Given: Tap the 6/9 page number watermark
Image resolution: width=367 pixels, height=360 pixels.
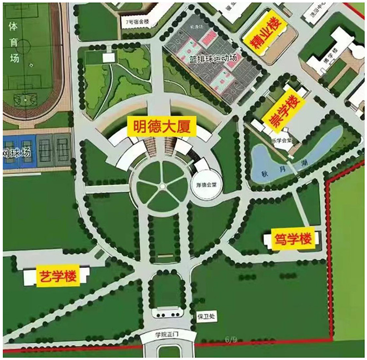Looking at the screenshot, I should pos(231,337).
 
